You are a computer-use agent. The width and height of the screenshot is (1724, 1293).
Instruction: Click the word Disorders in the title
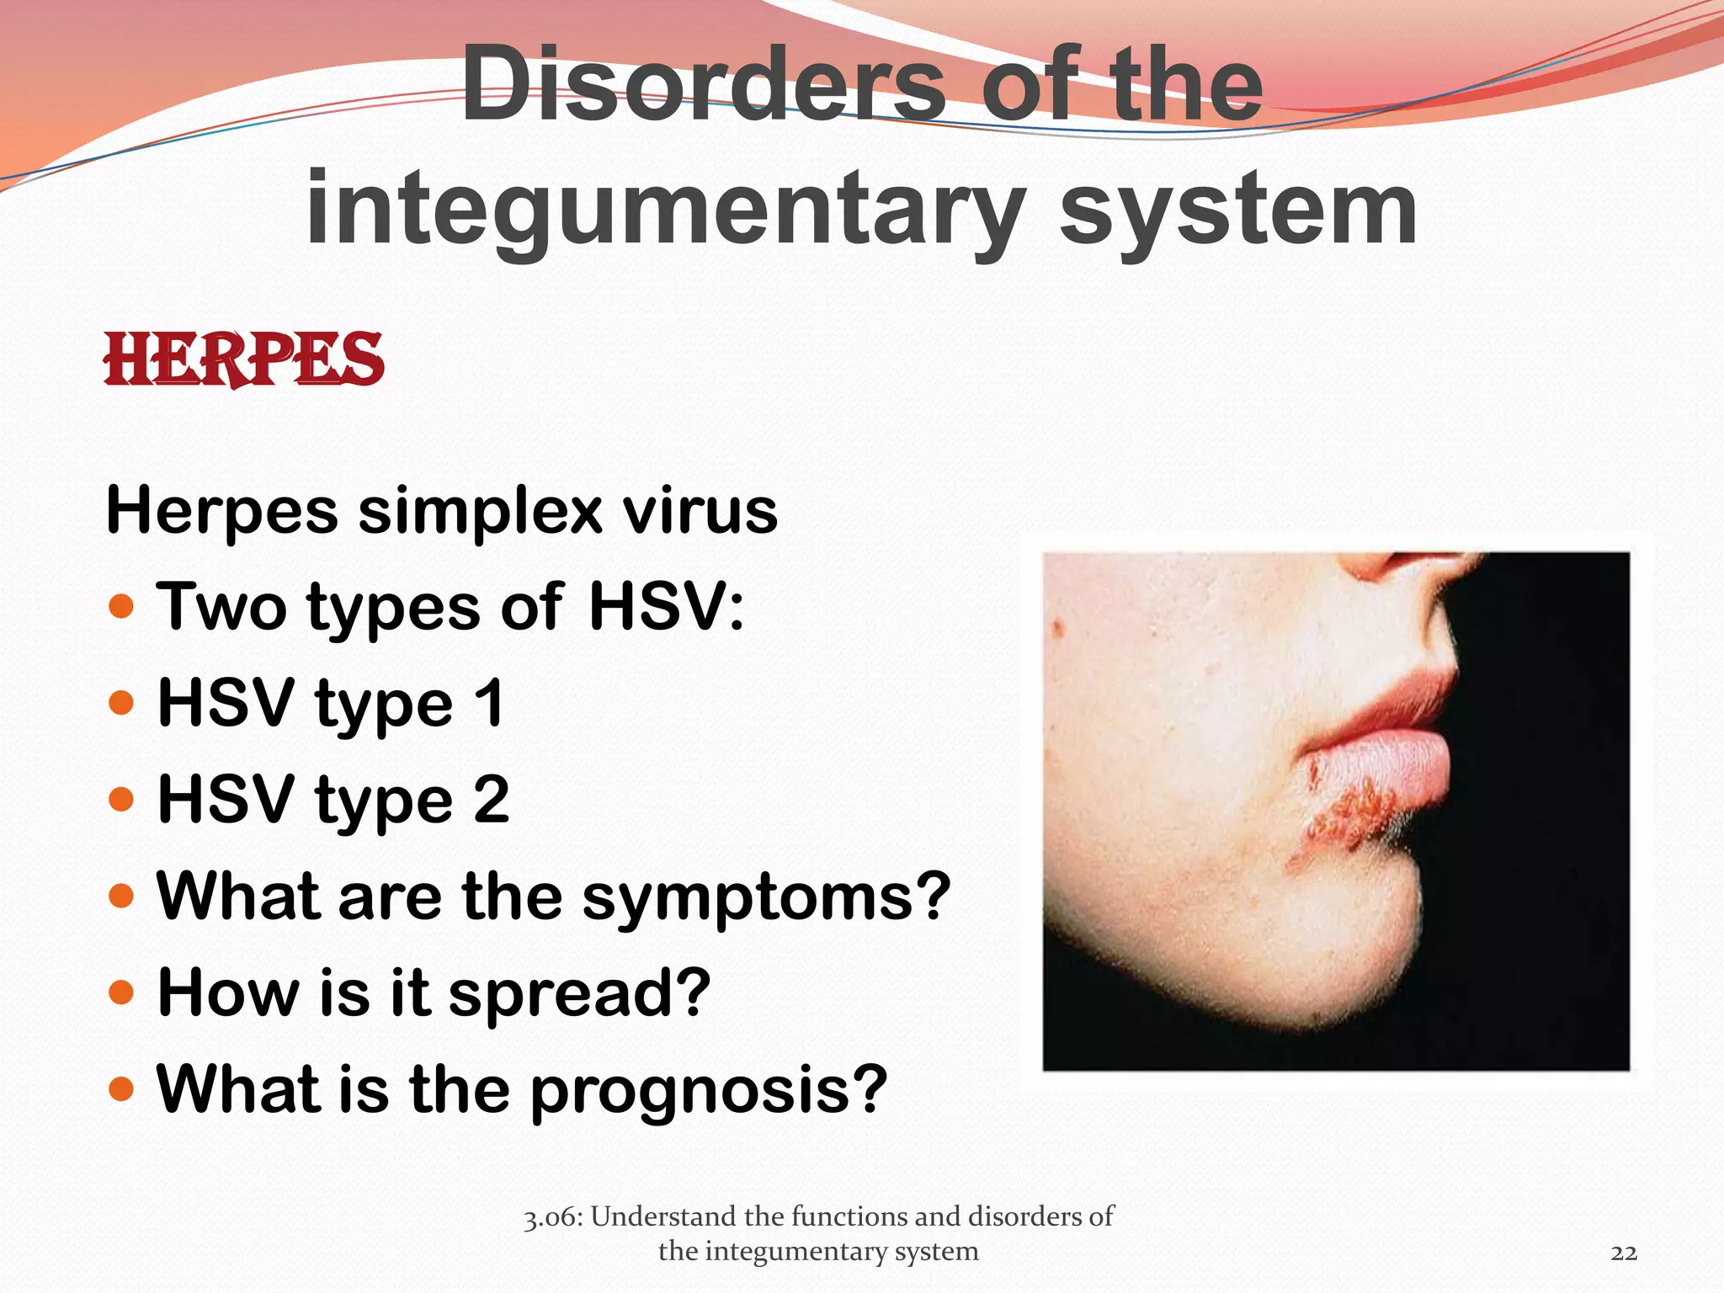point(703,84)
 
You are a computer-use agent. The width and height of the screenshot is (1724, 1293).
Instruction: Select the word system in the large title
point(1237,210)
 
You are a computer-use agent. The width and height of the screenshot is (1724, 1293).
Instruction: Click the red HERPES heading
point(243,360)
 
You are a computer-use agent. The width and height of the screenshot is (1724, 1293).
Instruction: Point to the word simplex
point(480,512)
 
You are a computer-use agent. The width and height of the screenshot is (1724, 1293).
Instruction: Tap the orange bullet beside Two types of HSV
point(122,606)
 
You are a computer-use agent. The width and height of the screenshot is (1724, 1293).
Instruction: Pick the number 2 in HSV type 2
point(492,799)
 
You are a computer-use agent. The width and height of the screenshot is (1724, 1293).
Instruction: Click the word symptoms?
point(766,897)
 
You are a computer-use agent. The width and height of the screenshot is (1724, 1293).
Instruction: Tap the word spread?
point(580,994)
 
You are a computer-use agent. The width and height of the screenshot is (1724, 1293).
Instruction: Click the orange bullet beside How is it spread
point(122,992)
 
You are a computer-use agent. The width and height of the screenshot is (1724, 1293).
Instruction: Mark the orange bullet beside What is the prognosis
point(122,1089)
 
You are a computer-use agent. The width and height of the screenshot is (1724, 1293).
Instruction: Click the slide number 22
point(1624,1253)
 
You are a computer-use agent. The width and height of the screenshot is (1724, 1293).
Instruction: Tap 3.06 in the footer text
point(551,1217)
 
